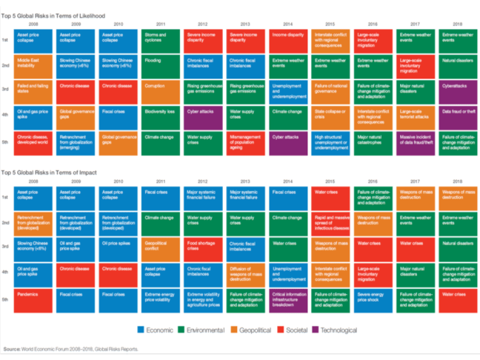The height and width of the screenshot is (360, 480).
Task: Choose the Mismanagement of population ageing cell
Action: (x=246, y=141)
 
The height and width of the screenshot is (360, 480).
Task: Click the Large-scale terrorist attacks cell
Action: (x=416, y=115)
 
